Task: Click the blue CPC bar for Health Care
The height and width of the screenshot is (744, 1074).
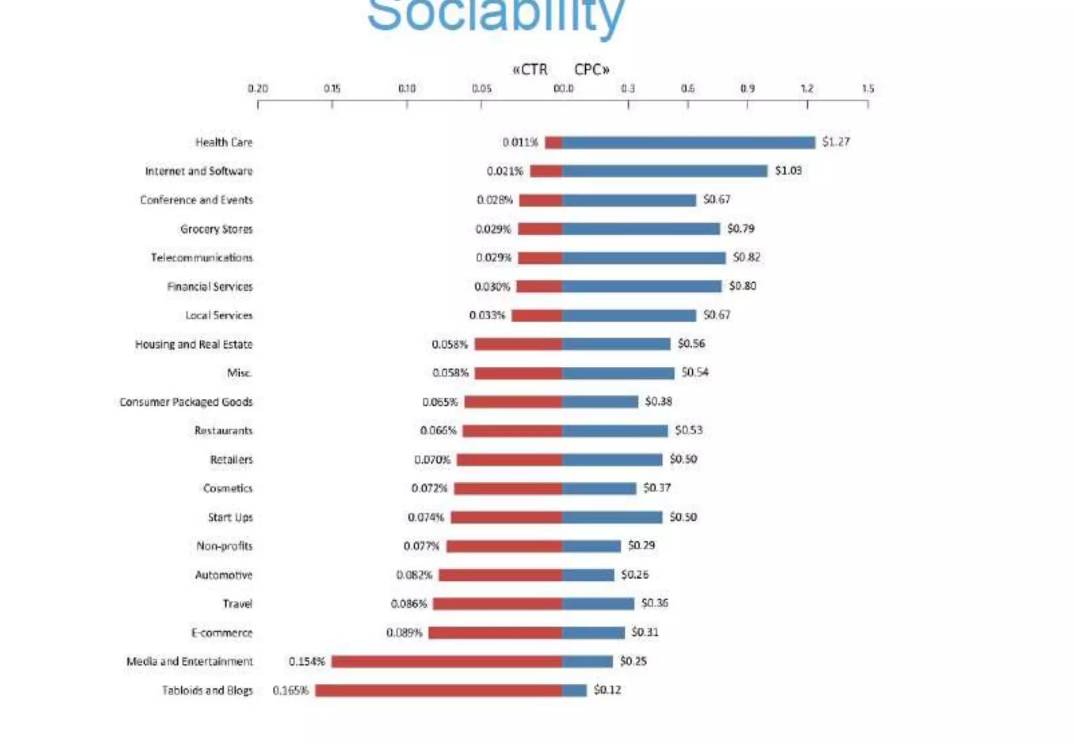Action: pos(689,142)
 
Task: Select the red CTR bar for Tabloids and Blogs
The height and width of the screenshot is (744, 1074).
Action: pos(438,690)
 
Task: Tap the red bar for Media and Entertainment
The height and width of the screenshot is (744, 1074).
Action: pos(447,662)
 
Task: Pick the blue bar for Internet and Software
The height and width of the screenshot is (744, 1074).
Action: pos(664,171)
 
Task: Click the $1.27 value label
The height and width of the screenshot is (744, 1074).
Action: pos(836,142)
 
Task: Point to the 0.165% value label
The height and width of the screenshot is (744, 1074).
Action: pos(291,690)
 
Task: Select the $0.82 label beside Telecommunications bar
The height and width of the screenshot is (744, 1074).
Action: pos(746,257)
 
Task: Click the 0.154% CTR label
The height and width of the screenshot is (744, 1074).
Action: pos(307,662)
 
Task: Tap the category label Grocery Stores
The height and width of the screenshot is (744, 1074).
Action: pos(216,229)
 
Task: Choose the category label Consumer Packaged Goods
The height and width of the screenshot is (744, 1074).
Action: pos(186,402)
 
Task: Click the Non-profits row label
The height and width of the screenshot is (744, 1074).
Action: pos(224,546)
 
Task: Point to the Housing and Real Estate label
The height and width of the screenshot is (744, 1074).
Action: pos(194,344)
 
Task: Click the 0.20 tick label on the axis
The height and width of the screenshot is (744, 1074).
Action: pos(257,89)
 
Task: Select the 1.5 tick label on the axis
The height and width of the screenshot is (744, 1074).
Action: pos(868,89)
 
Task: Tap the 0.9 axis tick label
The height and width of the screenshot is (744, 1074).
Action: pos(747,89)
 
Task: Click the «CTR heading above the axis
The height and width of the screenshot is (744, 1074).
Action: pos(530,70)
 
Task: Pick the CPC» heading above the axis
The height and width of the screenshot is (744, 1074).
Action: pos(592,70)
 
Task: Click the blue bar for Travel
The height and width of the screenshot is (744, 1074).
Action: pos(598,604)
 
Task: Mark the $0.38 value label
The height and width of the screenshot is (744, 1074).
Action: pos(658,401)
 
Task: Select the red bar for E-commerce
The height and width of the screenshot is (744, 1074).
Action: pos(496,633)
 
